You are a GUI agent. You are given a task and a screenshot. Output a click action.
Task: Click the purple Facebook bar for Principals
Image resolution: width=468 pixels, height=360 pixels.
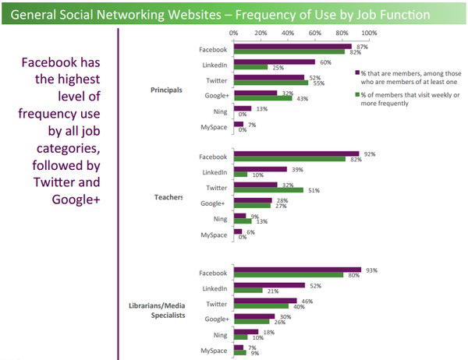click(292, 46)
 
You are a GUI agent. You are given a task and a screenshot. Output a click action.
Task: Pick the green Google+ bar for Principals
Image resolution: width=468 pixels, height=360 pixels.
click(262, 97)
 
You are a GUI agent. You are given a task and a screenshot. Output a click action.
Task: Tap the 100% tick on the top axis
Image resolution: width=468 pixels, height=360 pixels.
click(370, 33)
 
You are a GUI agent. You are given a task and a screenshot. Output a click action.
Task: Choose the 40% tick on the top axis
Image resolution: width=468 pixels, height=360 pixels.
click(288, 33)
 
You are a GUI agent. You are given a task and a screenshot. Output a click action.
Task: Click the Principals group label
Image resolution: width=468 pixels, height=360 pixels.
click(166, 90)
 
